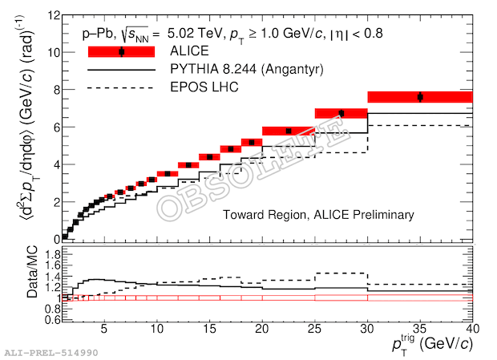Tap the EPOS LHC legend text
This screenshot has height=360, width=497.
click(204, 87)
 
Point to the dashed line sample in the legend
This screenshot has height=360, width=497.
click(121, 87)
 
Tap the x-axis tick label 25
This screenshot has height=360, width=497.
click(315, 329)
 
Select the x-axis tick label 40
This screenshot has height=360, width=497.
click(471, 329)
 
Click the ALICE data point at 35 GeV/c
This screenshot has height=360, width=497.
click(420, 97)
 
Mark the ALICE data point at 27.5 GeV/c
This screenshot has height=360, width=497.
click(341, 113)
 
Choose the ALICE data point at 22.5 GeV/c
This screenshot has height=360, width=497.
click(289, 131)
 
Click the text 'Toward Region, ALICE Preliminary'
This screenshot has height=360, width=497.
click(318, 215)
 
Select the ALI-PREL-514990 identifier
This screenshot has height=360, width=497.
click(48, 353)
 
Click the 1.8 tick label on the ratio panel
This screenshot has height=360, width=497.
click(52, 253)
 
